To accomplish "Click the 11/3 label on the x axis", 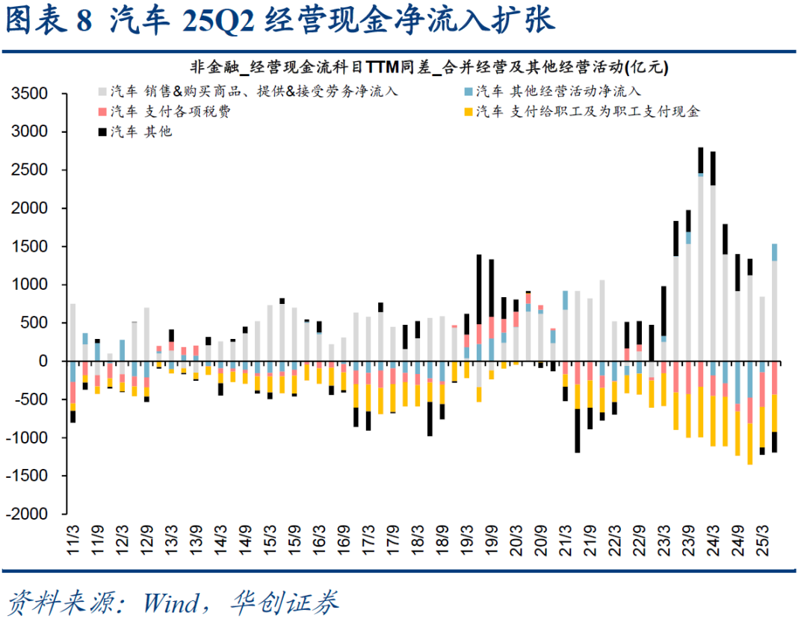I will pyautogui.click(x=73, y=539).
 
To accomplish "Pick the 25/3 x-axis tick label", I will pyautogui.click(x=762, y=539).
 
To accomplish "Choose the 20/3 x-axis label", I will pyautogui.click(x=516, y=539).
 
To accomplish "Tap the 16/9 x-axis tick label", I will pyautogui.click(x=344, y=539).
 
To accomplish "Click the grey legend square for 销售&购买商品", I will pyautogui.click(x=102, y=92).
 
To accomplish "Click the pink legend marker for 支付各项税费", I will pyautogui.click(x=102, y=112).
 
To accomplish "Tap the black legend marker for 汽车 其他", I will pyautogui.click(x=102, y=132).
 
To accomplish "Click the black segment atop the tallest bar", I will pyautogui.click(x=700, y=160).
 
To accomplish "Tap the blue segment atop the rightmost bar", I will pyautogui.click(x=774, y=252).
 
